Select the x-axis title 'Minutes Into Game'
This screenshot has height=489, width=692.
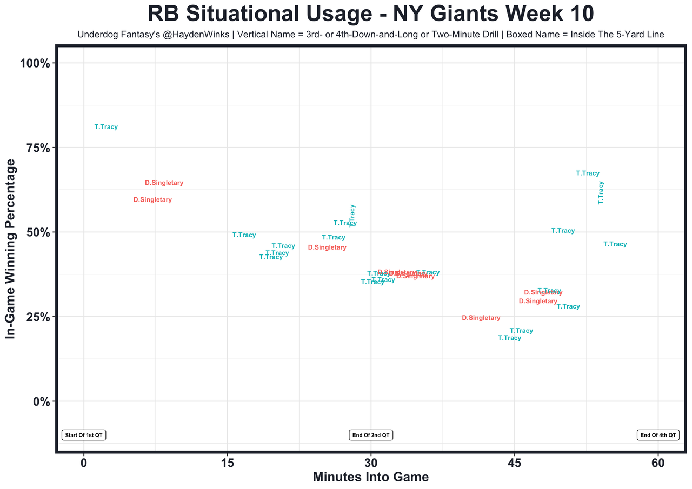(x=370, y=477)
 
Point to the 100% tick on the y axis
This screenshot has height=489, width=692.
(x=35, y=63)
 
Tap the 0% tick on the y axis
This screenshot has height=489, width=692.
(x=42, y=401)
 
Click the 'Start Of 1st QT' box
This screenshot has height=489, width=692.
(x=84, y=435)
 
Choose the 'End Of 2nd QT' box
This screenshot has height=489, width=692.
(x=371, y=435)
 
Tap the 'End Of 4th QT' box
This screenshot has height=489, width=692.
(x=657, y=435)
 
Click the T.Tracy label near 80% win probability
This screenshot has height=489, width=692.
(x=106, y=127)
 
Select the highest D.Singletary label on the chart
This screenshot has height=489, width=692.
(x=164, y=183)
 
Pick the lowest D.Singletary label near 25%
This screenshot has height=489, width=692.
(x=481, y=318)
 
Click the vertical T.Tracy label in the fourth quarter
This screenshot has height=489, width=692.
(x=601, y=192)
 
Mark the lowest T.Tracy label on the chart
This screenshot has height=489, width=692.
(x=509, y=338)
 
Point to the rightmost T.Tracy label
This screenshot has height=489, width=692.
(x=615, y=244)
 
